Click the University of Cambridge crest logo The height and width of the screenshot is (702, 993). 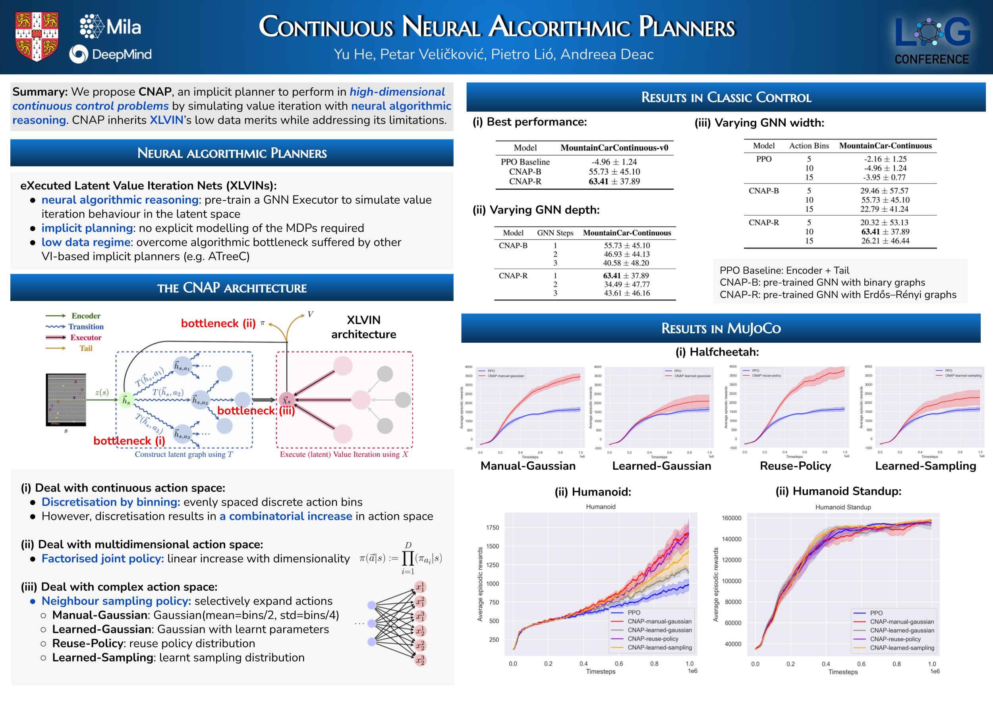37,37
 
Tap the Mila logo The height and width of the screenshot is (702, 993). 111,27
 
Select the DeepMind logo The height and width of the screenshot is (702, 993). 110,55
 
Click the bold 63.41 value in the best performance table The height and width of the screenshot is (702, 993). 599,181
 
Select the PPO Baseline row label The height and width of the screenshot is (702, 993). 525,162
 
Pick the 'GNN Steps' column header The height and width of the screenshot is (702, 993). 555,233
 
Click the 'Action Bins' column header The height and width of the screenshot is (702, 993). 809,146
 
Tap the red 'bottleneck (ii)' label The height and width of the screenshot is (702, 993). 218,323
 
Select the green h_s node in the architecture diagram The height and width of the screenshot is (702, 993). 126,400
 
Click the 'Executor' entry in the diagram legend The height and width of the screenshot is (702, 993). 86,337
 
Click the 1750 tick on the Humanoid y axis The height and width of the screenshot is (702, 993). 493,527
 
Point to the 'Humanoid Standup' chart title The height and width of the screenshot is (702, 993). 843,507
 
